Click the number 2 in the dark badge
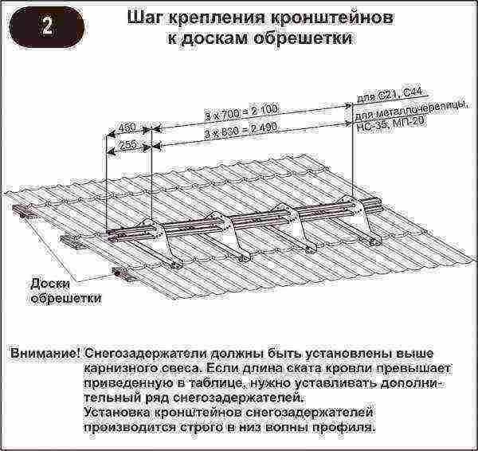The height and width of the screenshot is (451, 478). click(x=47, y=27)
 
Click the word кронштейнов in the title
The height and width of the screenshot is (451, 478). click(x=331, y=18)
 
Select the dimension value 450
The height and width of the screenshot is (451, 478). click(x=127, y=127)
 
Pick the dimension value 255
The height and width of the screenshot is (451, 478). click(x=127, y=144)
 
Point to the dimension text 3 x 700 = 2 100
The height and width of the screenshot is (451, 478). click(x=241, y=112)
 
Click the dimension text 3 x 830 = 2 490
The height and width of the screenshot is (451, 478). click(x=241, y=131)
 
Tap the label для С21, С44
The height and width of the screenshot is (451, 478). click(x=389, y=95)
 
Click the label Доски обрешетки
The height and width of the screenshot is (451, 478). click(x=65, y=291)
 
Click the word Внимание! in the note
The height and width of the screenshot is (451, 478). click(x=45, y=354)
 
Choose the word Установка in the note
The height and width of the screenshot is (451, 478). click(x=117, y=412)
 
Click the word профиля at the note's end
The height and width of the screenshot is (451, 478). click(x=344, y=427)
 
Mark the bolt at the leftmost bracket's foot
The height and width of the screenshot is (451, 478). click(x=174, y=265)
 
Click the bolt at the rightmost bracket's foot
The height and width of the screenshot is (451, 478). click(x=372, y=242)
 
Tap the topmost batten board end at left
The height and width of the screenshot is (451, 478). click(x=22, y=210)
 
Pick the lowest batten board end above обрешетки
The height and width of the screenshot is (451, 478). click(x=123, y=273)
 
